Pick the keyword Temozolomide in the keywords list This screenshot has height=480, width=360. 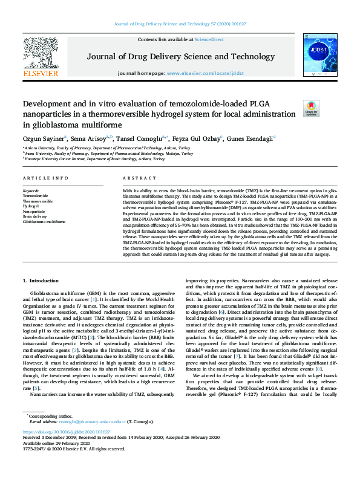point(37,196)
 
